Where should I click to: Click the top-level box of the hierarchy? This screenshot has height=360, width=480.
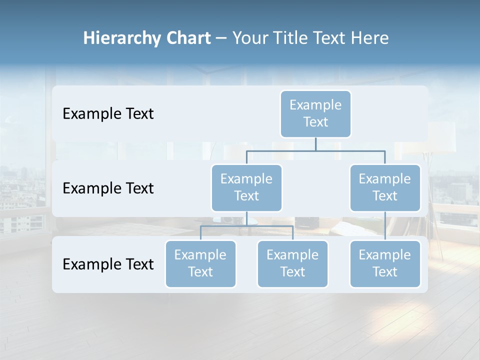coord(315,113)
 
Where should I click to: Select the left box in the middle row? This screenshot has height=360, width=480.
coord(246,187)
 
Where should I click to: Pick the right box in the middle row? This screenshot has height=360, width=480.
coord(385,187)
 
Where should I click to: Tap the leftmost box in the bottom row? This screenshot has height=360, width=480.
coord(200,263)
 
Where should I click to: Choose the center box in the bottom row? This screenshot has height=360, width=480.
coord(292,263)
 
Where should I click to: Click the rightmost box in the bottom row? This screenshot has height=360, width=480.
coord(385,263)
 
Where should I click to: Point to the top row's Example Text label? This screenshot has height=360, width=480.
coord(108,114)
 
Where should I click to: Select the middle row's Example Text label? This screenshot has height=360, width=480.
coord(108,188)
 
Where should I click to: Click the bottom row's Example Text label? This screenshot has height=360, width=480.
coord(108,264)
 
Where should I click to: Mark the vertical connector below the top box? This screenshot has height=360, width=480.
coord(315,144)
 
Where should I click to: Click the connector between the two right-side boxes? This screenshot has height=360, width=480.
coord(385,226)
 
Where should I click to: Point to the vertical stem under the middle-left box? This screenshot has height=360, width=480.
coord(246,218)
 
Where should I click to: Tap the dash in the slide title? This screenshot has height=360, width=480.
coord(221,38)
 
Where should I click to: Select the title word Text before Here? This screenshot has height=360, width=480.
coord(331,38)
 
